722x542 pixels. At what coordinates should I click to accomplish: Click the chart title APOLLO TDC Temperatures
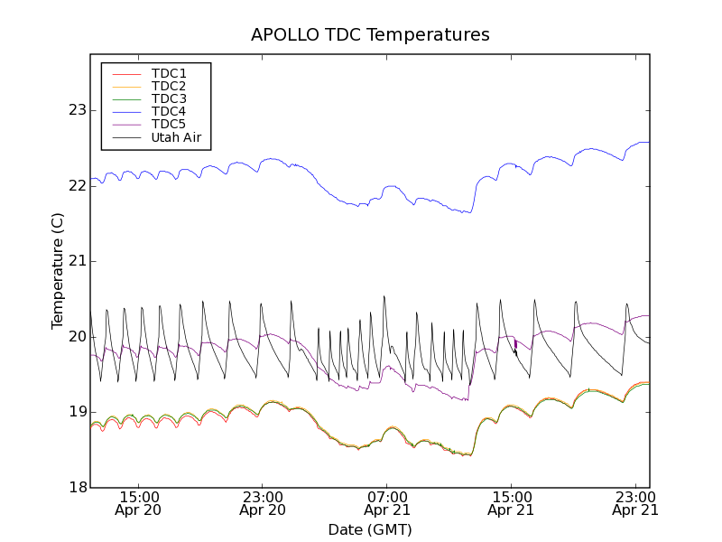[x=370, y=35]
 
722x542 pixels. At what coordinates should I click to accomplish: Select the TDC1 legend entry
[x=169, y=73]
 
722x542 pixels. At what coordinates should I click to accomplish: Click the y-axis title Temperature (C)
[x=58, y=271]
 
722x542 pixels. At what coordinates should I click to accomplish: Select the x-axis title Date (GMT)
[x=370, y=529]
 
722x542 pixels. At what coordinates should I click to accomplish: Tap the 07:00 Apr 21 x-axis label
[x=386, y=503]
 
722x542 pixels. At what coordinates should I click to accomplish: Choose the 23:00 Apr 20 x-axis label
[x=262, y=503]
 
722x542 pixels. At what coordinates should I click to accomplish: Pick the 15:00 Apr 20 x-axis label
[x=138, y=503]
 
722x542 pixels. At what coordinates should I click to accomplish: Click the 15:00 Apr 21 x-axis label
[x=511, y=503]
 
